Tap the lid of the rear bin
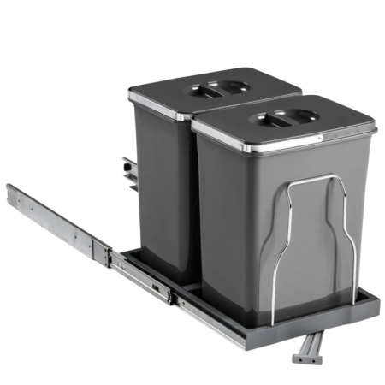coord(214,86)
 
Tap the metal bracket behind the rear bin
coord(129,171)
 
